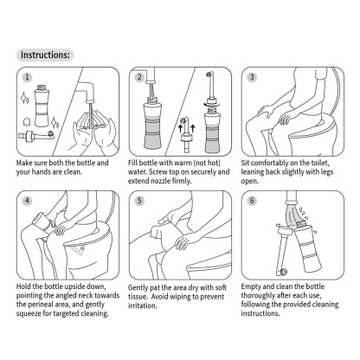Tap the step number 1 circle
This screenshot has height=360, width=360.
[x=27, y=77]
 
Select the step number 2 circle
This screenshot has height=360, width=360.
[x=138, y=77]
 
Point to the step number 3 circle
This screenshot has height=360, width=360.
[x=252, y=77]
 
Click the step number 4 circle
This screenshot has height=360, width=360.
[x=27, y=201]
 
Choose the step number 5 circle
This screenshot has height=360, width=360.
[x=138, y=201]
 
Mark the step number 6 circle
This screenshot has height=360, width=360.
[x=252, y=201]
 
